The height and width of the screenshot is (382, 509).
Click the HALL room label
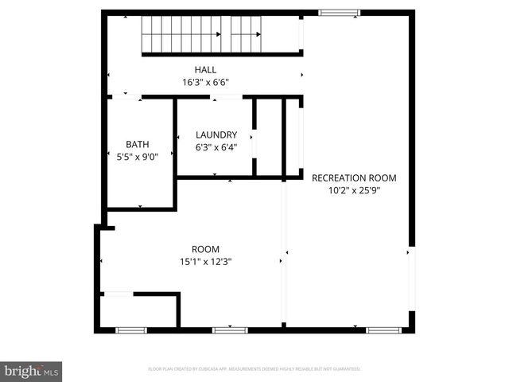point(205,70)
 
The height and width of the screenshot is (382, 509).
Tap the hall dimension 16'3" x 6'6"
point(205,81)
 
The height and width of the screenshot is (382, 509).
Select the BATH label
point(137,144)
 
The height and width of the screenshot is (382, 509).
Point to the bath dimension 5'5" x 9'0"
point(137,157)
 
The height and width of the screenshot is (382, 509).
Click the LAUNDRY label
point(216,134)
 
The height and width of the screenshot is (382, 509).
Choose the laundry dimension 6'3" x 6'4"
point(216,147)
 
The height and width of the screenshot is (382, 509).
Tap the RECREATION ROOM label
point(354,177)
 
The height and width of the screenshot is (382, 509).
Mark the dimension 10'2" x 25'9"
point(354,190)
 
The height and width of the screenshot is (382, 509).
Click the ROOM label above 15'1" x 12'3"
point(205,249)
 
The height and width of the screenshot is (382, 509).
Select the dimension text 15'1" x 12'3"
point(205,262)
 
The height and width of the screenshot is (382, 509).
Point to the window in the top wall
point(339,13)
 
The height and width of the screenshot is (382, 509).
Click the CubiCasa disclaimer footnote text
point(254,369)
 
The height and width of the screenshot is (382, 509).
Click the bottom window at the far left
point(131,329)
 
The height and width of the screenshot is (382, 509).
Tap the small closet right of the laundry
point(270,138)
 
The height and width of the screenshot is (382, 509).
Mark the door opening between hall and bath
point(126,97)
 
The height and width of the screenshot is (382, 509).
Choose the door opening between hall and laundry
point(227,97)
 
